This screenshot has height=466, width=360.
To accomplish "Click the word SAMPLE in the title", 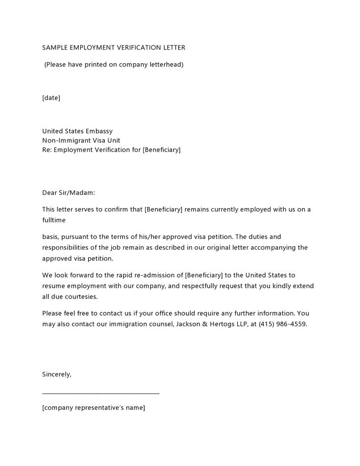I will (x=55, y=47).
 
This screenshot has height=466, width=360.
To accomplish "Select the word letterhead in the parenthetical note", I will (x=165, y=64).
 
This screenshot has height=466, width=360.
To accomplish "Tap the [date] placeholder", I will (x=51, y=98).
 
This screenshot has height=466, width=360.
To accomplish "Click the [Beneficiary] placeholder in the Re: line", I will (x=161, y=149).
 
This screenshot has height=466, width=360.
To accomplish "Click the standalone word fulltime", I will (x=54, y=220).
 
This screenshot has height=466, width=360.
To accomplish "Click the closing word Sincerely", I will (x=57, y=374).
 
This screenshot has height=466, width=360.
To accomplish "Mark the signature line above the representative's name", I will (x=101, y=393).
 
